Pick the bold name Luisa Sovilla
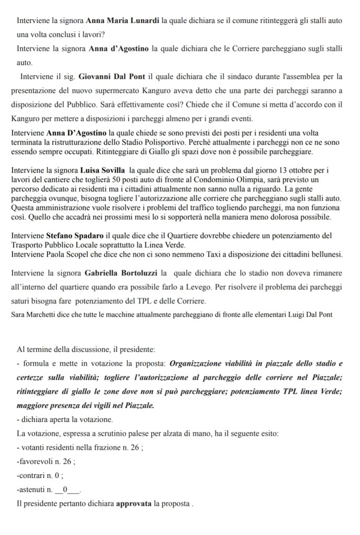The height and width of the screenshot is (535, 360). pos(103,170)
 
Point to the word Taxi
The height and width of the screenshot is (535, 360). pos(209,254)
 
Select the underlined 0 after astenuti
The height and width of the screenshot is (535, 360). pos(65,490)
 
